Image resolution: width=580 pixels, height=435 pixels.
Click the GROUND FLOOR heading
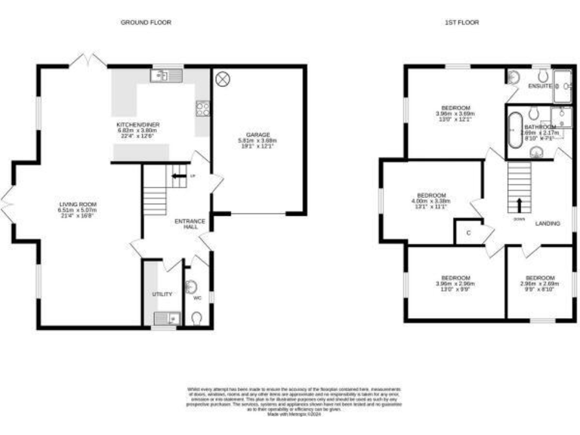pyautogui.click(x=146, y=23)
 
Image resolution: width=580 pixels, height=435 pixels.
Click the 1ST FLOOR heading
pyautogui.click(x=461, y=23)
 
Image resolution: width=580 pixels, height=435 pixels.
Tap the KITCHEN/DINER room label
pyautogui.click(x=138, y=125)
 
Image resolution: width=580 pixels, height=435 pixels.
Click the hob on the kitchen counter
pyautogui.click(x=202, y=110)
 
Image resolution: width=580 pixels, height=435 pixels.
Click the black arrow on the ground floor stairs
pyautogui.click(x=177, y=177)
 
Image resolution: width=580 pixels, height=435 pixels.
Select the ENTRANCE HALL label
pyautogui.click(x=190, y=224)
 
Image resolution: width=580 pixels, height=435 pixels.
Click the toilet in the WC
pyautogui.click(x=197, y=319)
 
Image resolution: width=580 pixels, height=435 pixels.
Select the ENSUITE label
pyautogui.click(x=539, y=87)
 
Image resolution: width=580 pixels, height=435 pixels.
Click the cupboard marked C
pyautogui.click(x=468, y=233)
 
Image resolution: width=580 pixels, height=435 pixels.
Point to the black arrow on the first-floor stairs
pyautogui.click(x=520, y=205)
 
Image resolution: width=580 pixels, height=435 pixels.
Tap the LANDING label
pyautogui.click(x=548, y=224)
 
